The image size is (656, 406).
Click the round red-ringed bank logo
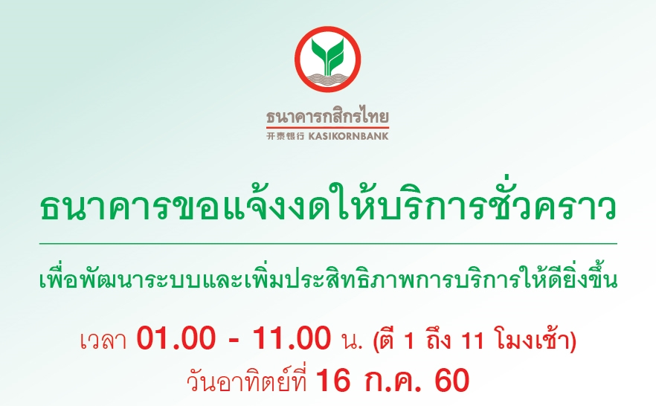click(327, 59)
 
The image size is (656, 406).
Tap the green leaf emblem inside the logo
click(327, 53)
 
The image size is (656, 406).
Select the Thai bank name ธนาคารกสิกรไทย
click(327, 116)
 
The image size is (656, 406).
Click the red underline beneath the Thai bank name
click(327, 126)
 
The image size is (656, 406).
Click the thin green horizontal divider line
click(329, 243)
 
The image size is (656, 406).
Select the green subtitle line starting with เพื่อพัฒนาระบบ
click(329, 277)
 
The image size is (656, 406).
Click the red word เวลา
click(103, 341)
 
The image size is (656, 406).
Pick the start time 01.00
click(176, 338)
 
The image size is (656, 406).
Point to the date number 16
click(333, 381)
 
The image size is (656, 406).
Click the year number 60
click(452, 381)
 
